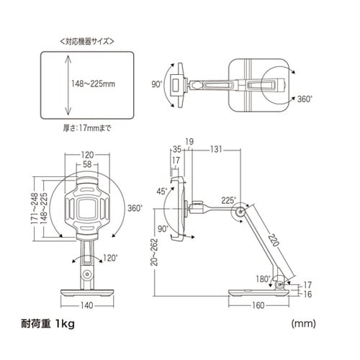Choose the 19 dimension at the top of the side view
(188, 141)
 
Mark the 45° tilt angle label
(161, 191)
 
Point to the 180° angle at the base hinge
(263, 278)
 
